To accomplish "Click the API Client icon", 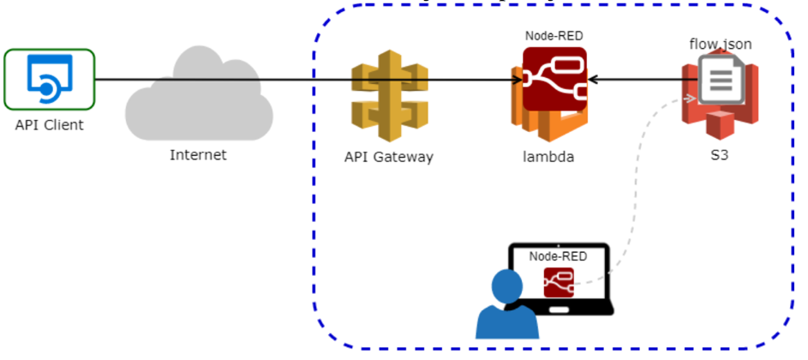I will click(49, 79).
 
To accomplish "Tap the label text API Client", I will click(49, 125).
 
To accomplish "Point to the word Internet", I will click(198, 155).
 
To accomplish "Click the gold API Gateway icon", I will click(389, 100).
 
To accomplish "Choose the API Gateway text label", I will click(388, 157).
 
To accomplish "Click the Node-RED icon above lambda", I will click(554, 79).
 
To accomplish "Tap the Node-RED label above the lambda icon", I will click(554, 36).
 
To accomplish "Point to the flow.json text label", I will click(720, 43).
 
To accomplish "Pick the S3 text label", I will click(720, 158).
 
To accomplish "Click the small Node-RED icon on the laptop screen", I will click(559, 283).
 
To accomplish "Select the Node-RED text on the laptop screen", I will click(559, 256).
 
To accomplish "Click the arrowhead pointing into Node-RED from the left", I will click(518, 81).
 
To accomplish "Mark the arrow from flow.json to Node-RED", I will click(643, 81).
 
